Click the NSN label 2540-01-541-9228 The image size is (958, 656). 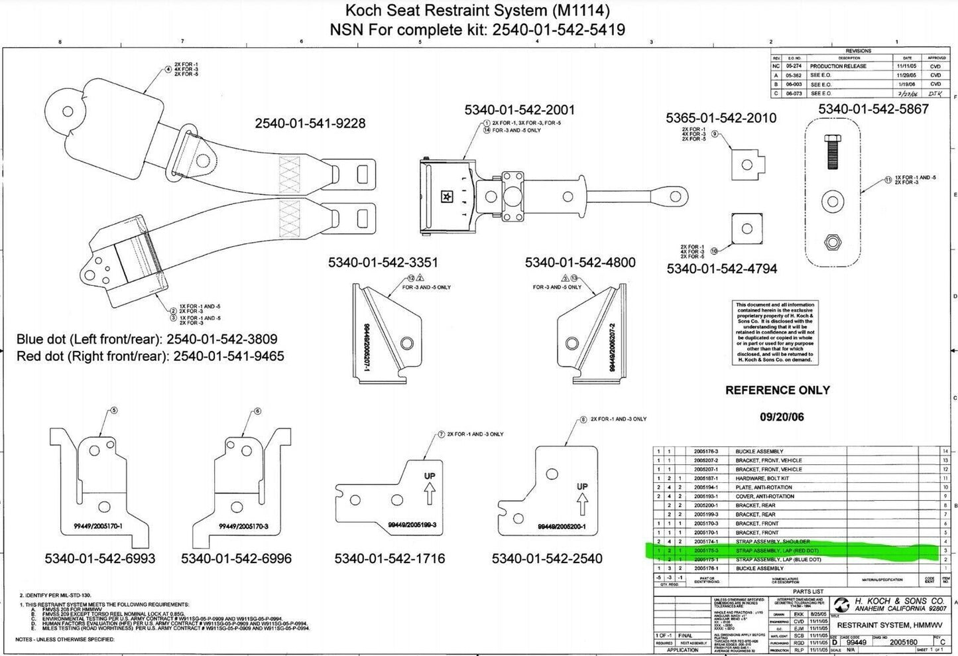pyautogui.click(x=310, y=123)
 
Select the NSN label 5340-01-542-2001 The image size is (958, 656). pyautogui.click(x=519, y=110)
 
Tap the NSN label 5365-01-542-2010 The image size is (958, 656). pyautogui.click(x=721, y=118)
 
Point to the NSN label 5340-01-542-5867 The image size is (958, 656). pyautogui.click(x=873, y=109)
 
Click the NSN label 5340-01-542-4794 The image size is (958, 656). pyautogui.click(x=721, y=269)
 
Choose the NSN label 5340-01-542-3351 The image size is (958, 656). pyautogui.click(x=383, y=263)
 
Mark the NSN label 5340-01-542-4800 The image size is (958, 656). pyautogui.click(x=579, y=263)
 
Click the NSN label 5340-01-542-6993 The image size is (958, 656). pyautogui.click(x=100, y=558)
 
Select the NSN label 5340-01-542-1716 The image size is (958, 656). pyautogui.click(x=389, y=558)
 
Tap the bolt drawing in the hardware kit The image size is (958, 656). pyautogui.click(x=832, y=154)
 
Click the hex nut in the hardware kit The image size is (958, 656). pyautogui.click(x=832, y=242)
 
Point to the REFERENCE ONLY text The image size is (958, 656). pyautogui.click(x=777, y=390)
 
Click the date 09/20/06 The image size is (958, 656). pyautogui.click(x=781, y=417)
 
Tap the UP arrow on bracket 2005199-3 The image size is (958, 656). pyautogui.click(x=429, y=492)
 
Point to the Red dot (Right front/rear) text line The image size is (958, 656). pyautogui.click(x=150, y=356)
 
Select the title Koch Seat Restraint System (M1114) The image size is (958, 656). pyautogui.click(x=477, y=11)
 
